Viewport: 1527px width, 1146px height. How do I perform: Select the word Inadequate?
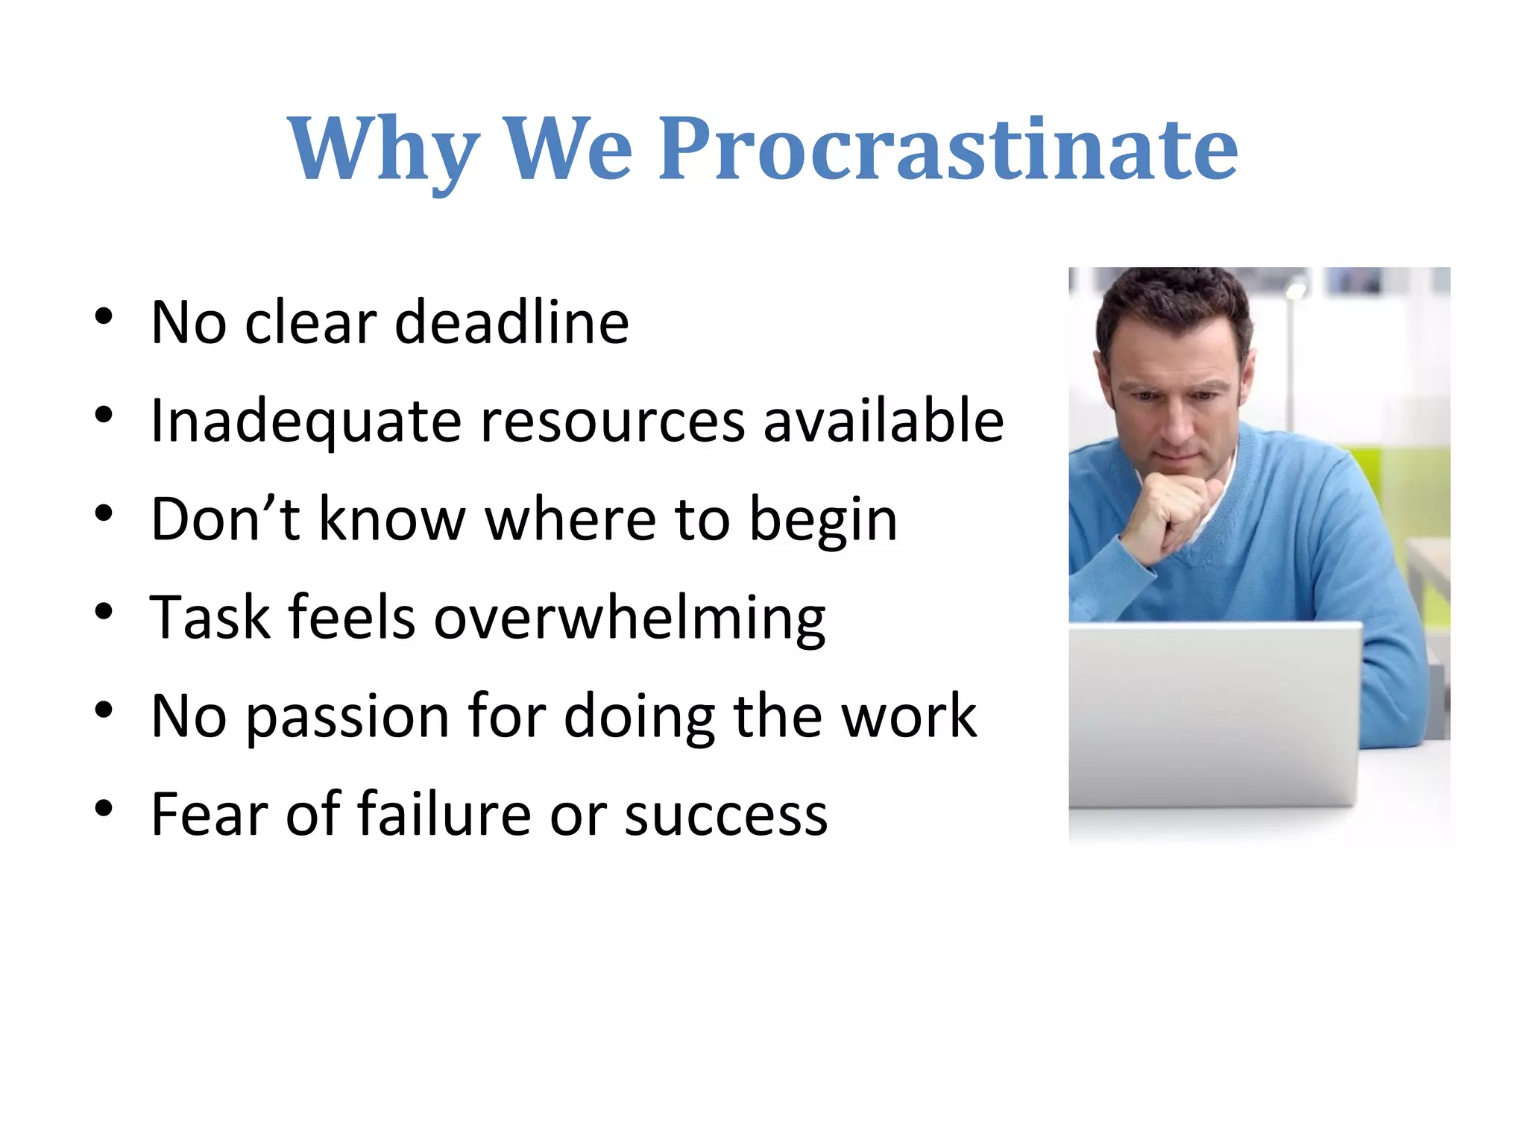pyautogui.click(x=306, y=422)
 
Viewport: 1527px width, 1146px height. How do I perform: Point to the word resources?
pyautogui.click(x=611, y=422)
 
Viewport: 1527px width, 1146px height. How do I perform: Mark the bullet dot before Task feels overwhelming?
pyautogui.click(x=104, y=612)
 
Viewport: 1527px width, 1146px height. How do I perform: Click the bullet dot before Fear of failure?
pyautogui.click(x=104, y=808)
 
